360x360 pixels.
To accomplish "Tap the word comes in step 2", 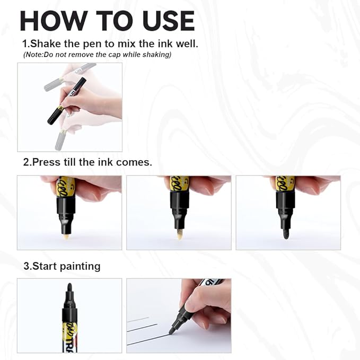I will pyautogui.click(x=134, y=163).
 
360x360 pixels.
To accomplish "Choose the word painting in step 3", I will pyautogui.click(x=78, y=266).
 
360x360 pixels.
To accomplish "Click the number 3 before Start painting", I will pyautogui.click(x=25, y=266).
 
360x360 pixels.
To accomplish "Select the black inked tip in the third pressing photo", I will pyautogui.click(x=286, y=233).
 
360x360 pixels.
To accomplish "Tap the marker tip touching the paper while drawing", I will pyautogui.click(x=172, y=331).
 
